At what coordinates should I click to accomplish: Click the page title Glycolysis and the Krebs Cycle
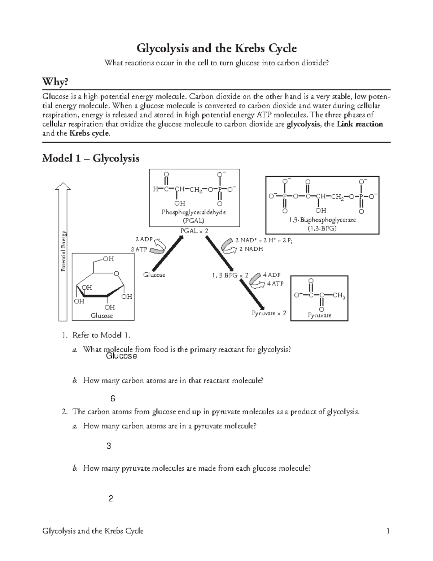(x=216, y=48)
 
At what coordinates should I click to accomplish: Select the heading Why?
(x=55, y=82)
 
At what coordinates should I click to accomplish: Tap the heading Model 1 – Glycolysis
(x=91, y=158)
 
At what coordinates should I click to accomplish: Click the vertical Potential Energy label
(x=64, y=251)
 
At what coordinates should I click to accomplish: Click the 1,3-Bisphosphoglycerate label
(x=322, y=220)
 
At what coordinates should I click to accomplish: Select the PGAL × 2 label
(x=194, y=231)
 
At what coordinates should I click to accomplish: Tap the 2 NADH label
(x=251, y=249)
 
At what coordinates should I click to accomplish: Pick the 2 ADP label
(x=144, y=239)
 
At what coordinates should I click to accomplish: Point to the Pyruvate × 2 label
(x=268, y=313)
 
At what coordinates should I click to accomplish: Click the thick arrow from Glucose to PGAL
(x=167, y=253)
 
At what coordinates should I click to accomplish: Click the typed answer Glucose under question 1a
(x=121, y=356)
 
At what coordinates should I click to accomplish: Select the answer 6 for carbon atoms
(x=113, y=399)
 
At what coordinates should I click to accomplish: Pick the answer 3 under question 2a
(x=109, y=446)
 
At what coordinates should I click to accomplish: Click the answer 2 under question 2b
(x=111, y=499)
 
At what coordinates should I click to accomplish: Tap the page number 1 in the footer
(x=388, y=531)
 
